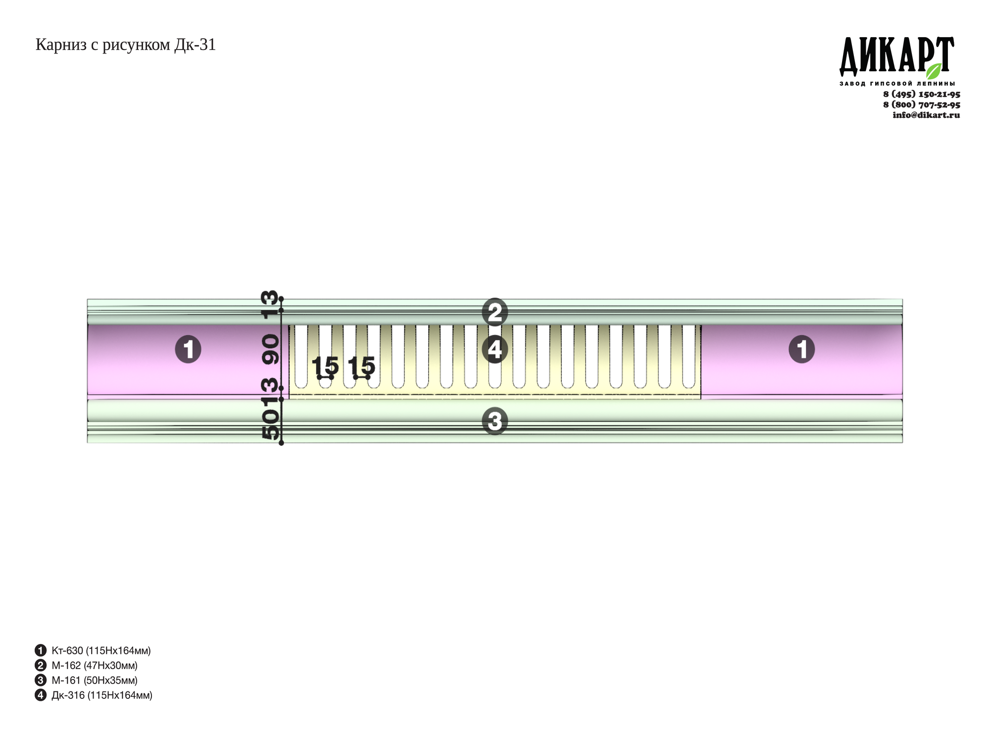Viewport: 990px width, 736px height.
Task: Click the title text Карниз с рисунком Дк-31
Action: tap(126, 45)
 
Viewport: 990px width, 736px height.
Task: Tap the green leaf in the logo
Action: tap(934, 71)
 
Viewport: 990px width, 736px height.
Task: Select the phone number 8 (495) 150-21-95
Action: tap(922, 94)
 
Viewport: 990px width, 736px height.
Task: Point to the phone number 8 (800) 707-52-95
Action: tap(922, 105)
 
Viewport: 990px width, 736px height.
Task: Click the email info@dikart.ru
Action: tap(926, 115)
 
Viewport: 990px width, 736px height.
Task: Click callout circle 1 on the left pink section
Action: tap(188, 350)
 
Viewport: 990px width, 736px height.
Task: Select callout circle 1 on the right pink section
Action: tap(801, 350)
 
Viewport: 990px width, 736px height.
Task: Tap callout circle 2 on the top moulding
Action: tap(495, 312)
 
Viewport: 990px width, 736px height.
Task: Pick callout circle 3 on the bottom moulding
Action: tap(495, 421)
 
